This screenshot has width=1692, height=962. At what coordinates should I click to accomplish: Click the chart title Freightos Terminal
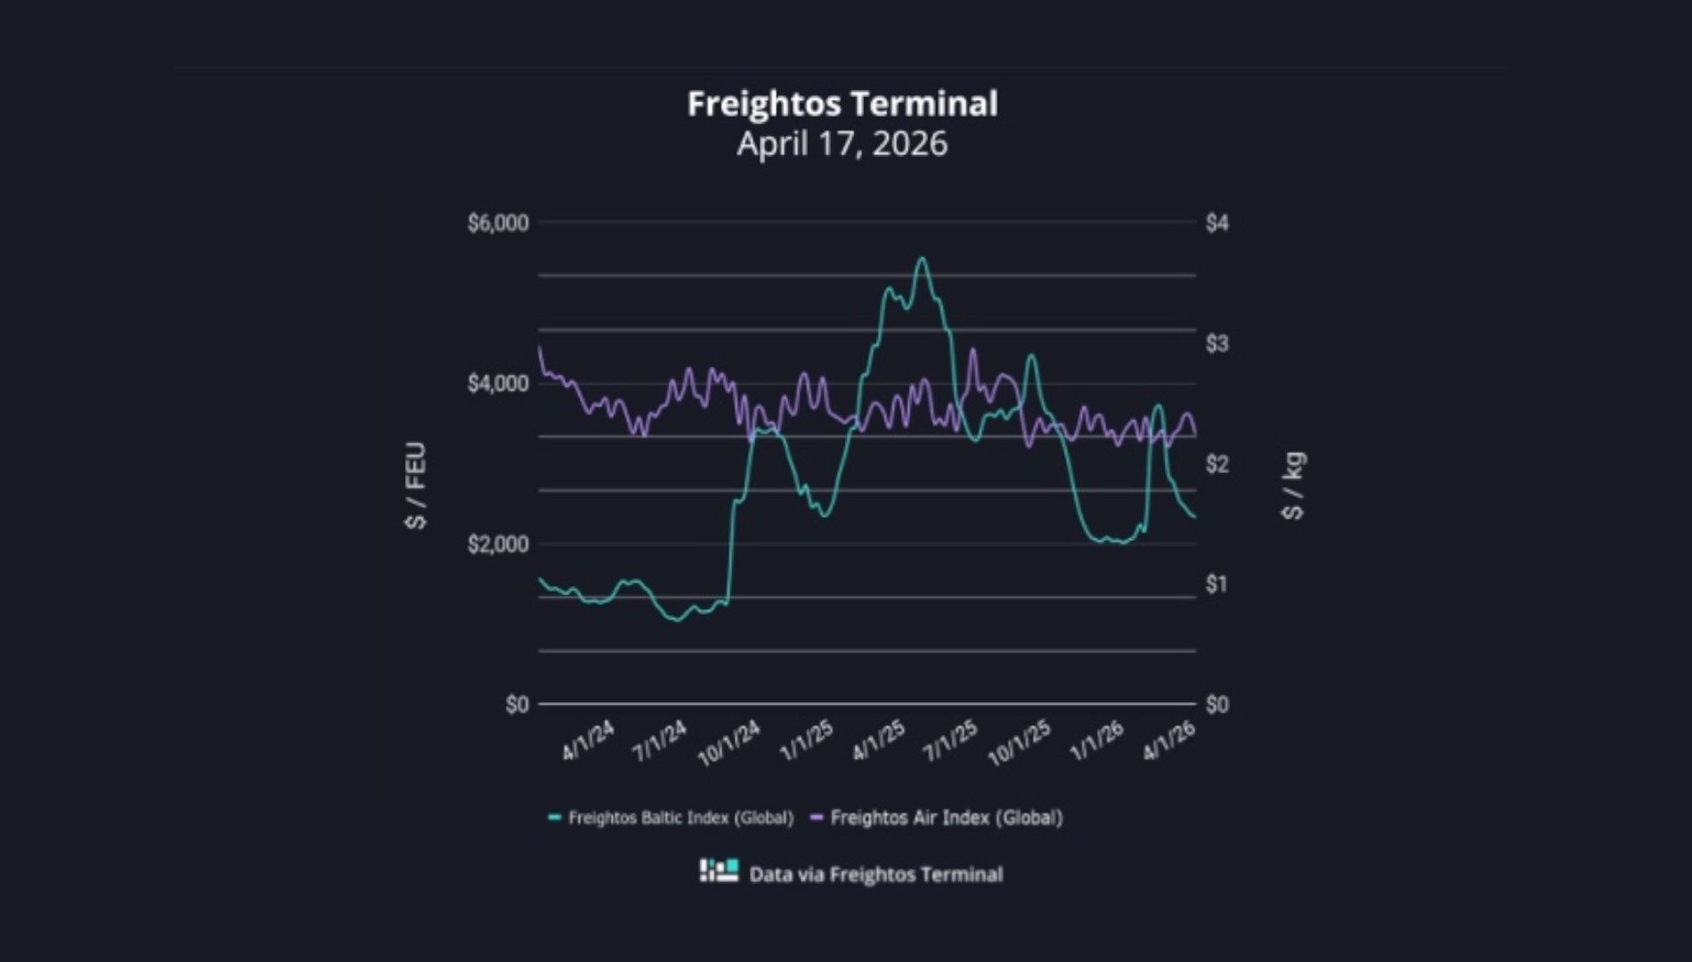[x=842, y=104]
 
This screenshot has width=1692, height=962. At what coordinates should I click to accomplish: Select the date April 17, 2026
[x=842, y=144]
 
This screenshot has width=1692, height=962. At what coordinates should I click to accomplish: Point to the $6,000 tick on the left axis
[x=498, y=223]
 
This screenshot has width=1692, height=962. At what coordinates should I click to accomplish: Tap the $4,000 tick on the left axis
[x=498, y=384]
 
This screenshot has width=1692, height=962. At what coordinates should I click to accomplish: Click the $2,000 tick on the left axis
[x=498, y=544]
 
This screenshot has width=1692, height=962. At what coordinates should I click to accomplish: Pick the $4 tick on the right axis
[x=1216, y=223]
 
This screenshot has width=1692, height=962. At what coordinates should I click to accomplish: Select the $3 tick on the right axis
[x=1216, y=344]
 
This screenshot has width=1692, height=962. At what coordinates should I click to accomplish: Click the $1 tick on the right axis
[x=1216, y=584]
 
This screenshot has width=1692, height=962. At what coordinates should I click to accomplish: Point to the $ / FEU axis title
[x=416, y=485]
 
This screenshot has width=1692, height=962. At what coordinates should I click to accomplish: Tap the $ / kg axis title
[x=1293, y=485]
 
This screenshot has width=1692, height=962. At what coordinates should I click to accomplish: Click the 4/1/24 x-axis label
[x=588, y=740]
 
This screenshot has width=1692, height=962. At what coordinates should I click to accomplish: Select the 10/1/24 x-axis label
[x=729, y=744]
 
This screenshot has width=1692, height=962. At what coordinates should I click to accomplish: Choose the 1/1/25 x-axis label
[x=806, y=740]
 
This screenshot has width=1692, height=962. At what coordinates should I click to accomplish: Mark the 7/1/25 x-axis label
[x=950, y=740]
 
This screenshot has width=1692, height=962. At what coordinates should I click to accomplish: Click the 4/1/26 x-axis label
[x=1168, y=740]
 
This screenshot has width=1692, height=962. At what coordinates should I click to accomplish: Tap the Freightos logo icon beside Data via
[x=719, y=871]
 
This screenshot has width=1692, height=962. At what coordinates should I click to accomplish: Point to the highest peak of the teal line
[x=922, y=258]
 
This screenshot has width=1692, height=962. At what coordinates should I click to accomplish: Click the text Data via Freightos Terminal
[x=875, y=875]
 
